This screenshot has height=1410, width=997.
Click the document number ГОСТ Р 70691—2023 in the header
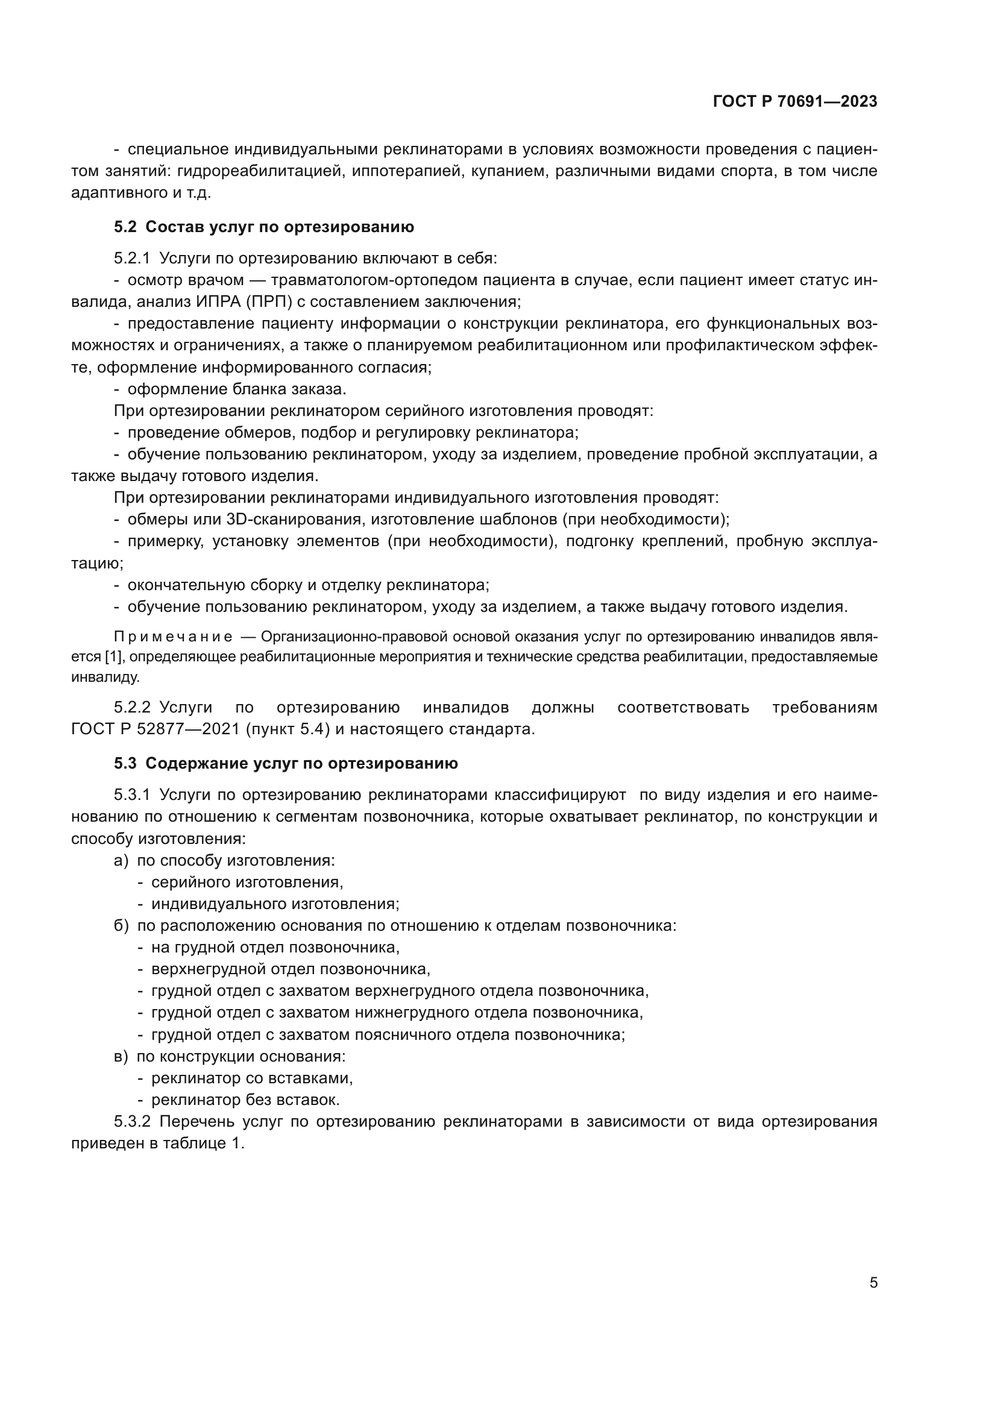[795, 102]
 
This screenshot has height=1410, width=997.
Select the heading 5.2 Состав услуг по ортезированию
[264, 227]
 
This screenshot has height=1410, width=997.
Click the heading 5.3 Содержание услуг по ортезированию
[286, 764]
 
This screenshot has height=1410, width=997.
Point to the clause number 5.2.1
[131, 259]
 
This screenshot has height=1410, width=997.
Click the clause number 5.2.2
[131, 708]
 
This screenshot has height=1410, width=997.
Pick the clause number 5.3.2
[131, 1122]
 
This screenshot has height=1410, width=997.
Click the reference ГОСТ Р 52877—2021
[156, 729]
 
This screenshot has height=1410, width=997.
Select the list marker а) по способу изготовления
[122, 860]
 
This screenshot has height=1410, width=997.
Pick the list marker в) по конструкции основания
[122, 1056]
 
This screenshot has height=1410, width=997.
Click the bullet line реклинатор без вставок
[245, 1100]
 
